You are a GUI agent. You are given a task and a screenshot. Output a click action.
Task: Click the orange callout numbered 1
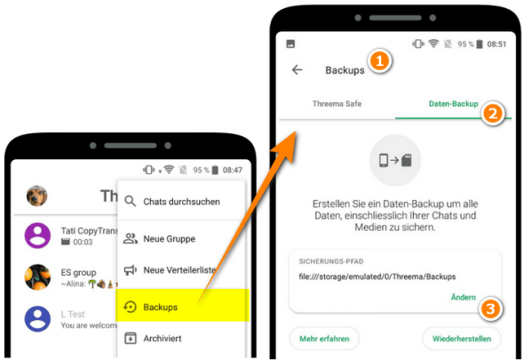click(x=380, y=62)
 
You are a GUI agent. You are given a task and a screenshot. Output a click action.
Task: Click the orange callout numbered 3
click(x=490, y=308)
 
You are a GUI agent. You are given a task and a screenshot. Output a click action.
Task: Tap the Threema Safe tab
click(x=337, y=104)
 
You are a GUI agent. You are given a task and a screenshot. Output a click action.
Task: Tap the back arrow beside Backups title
click(x=298, y=69)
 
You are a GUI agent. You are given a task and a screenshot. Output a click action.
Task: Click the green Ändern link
click(x=462, y=297)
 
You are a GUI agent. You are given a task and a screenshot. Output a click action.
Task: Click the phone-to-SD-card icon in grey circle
click(x=395, y=161)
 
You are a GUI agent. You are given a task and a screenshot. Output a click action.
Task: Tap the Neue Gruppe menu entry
click(x=169, y=238)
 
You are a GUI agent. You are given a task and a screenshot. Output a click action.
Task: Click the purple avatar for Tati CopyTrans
click(x=37, y=236)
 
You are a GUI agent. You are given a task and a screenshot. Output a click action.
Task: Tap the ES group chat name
click(x=79, y=272)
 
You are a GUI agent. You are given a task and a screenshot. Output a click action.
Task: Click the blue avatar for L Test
click(x=37, y=318)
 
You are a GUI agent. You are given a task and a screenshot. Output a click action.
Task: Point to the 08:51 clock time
click(x=496, y=44)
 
